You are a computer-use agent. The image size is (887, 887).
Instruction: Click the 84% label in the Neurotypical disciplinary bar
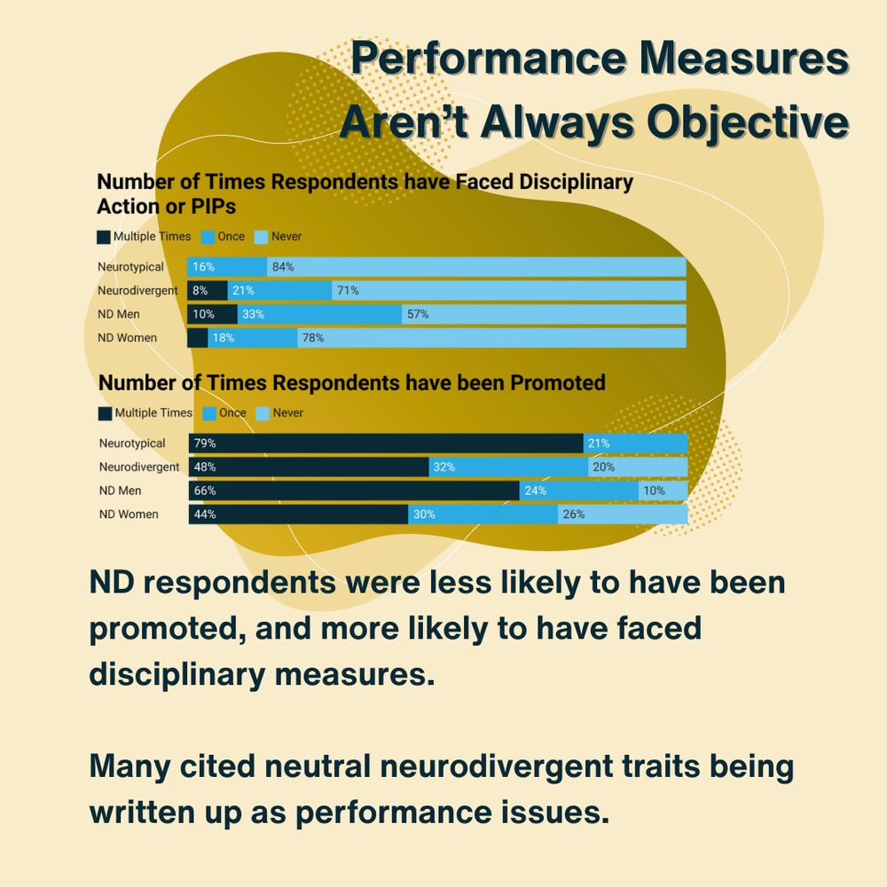[283, 266]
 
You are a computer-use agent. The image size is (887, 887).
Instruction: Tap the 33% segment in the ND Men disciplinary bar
[319, 314]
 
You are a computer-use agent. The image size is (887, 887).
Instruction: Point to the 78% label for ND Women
[312, 338]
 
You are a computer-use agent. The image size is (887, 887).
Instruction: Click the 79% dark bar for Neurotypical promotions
[386, 443]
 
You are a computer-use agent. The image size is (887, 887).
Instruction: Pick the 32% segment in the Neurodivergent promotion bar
[508, 467]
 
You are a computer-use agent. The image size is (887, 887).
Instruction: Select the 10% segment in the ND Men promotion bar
[663, 491]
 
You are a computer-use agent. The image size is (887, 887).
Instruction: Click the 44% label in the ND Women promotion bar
[205, 514]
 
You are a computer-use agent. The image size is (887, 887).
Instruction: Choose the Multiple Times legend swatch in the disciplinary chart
[104, 237]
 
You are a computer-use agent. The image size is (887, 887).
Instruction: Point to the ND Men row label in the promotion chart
[121, 491]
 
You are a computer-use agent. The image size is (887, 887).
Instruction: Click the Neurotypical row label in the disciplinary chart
[130, 266]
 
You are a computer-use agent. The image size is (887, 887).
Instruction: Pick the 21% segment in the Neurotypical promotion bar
[635, 443]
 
